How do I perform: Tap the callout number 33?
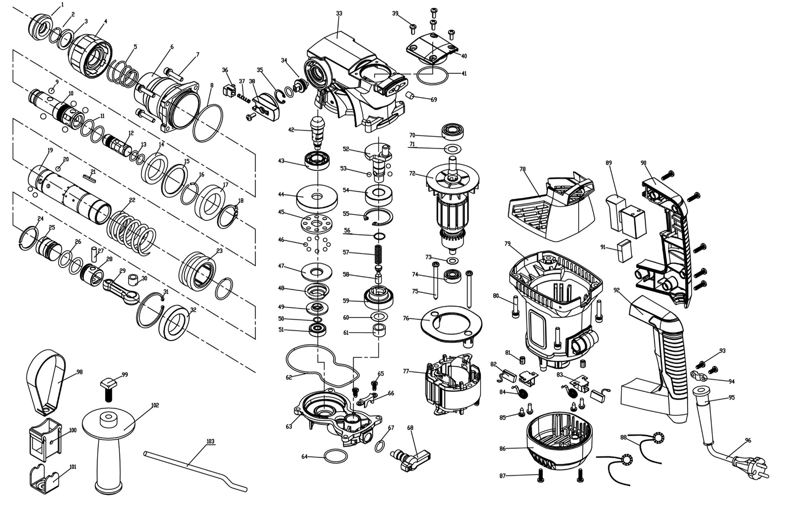(x=339, y=13)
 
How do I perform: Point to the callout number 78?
(x=522, y=169)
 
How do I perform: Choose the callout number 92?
(x=617, y=290)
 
